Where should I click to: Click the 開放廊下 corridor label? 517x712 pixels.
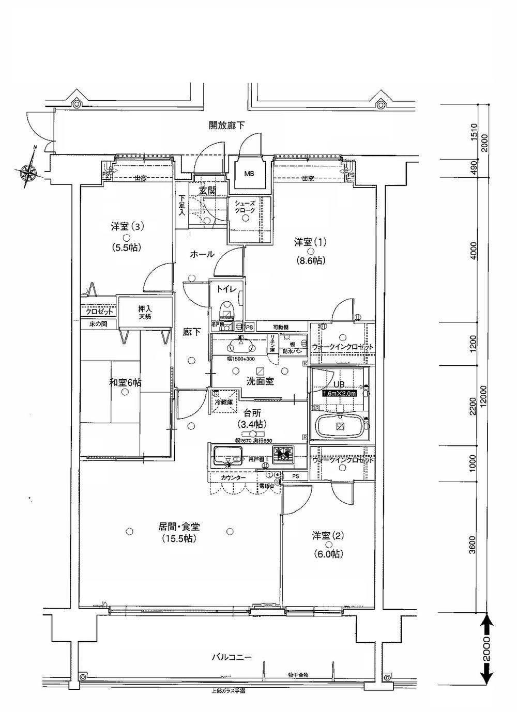(x=226, y=125)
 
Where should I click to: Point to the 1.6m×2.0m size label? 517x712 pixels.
(x=339, y=393)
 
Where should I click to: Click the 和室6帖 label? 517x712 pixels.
(x=125, y=382)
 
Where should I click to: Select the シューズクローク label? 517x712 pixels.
(x=246, y=207)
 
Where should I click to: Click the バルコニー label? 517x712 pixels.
(x=231, y=658)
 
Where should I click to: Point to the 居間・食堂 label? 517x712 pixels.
(x=179, y=527)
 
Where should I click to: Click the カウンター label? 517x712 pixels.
(x=233, y=478)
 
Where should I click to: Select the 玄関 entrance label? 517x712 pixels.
(x=207, y=191)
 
